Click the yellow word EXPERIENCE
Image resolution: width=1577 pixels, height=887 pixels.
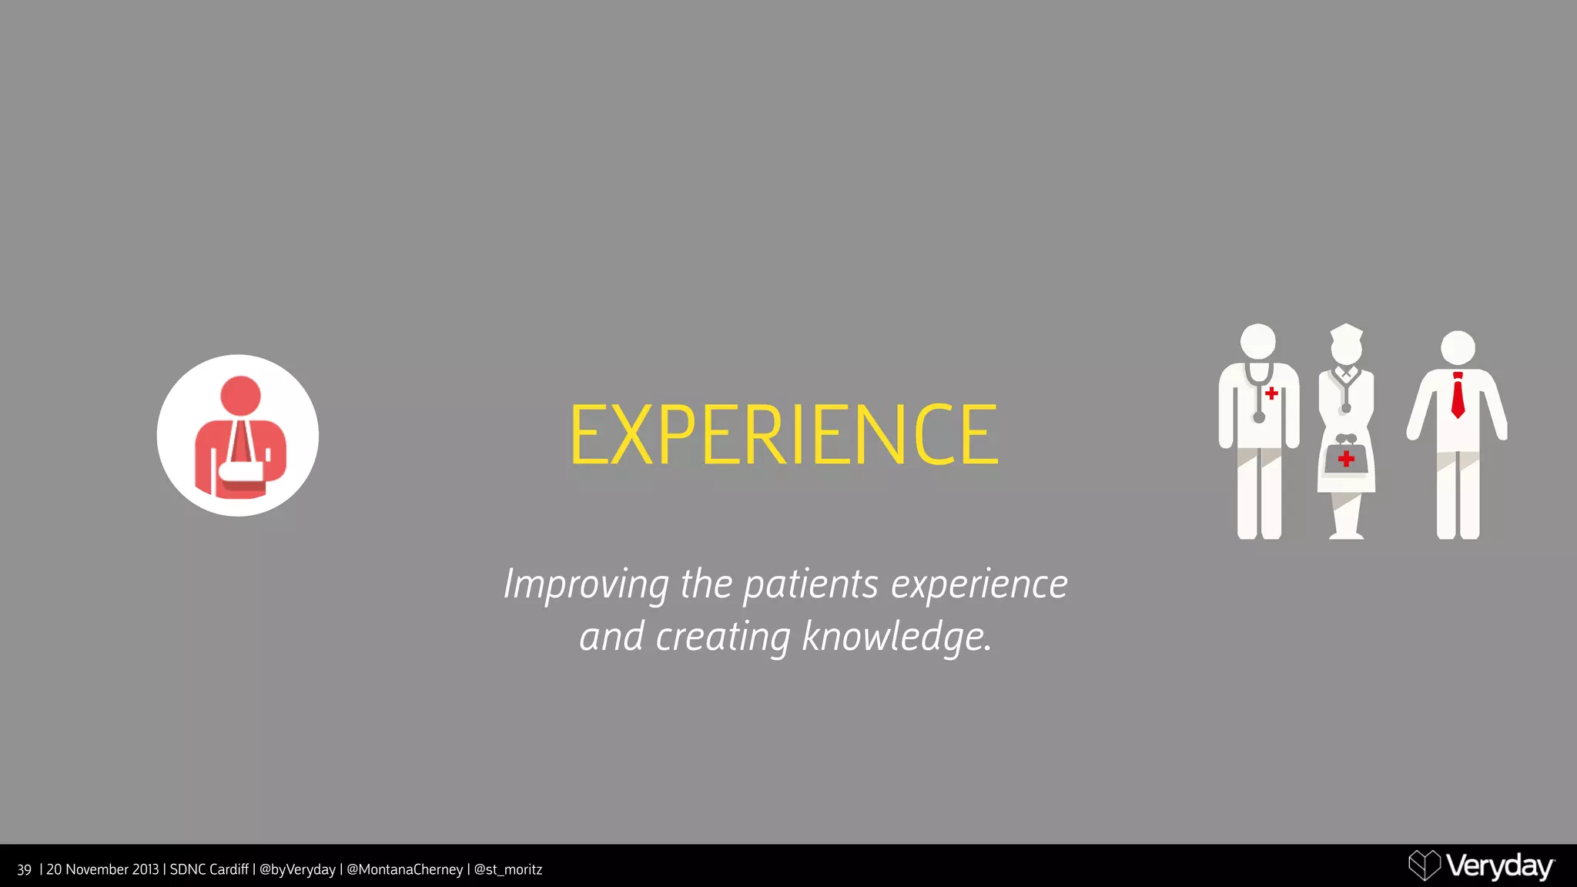[784, 435]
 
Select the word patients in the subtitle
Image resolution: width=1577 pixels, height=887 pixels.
[810, 585]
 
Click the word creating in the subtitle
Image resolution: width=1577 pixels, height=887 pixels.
[722, 638]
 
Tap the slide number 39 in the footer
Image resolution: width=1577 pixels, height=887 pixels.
[24, 870]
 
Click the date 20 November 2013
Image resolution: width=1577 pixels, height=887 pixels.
[102, 870]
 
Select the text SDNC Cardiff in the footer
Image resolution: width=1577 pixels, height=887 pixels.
[209, 870]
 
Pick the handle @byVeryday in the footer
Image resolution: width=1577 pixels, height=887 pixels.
[297, 870]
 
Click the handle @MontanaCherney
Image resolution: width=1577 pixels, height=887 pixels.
[404, 870]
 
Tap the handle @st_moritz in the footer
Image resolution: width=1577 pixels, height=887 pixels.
[507, 870]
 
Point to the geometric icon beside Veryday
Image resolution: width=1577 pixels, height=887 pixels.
[1424, 865]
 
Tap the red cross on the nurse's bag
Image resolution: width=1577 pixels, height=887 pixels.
[1346, 460]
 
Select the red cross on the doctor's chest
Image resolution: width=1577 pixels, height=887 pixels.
[1271, 393]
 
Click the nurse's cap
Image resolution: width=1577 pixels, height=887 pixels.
[1347, 333]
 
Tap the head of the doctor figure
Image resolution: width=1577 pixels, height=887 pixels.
[1258, 341]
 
